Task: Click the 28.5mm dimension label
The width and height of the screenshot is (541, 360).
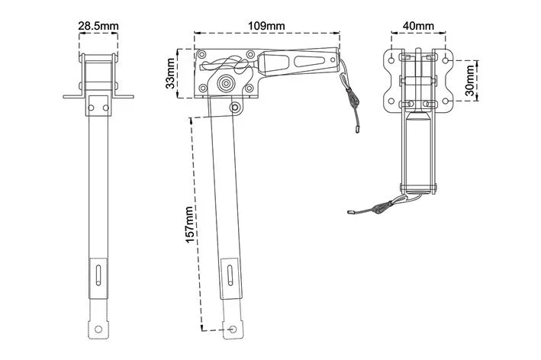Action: [98, 26]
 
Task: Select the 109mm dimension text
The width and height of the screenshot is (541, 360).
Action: [267, 26]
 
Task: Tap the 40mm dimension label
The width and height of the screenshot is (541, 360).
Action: [418, 26]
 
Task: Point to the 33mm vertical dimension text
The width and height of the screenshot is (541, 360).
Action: [170, 73]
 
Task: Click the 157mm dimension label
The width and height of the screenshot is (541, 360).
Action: [189, 225]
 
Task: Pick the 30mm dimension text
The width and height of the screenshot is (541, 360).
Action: [469, 81]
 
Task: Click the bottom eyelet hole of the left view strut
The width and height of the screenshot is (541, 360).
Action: [98, 329]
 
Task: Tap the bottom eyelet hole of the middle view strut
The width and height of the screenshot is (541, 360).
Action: [233, 329]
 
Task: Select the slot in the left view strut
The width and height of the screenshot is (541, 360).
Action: [98, 275]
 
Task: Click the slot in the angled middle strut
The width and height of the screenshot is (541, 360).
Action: [230, 275]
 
